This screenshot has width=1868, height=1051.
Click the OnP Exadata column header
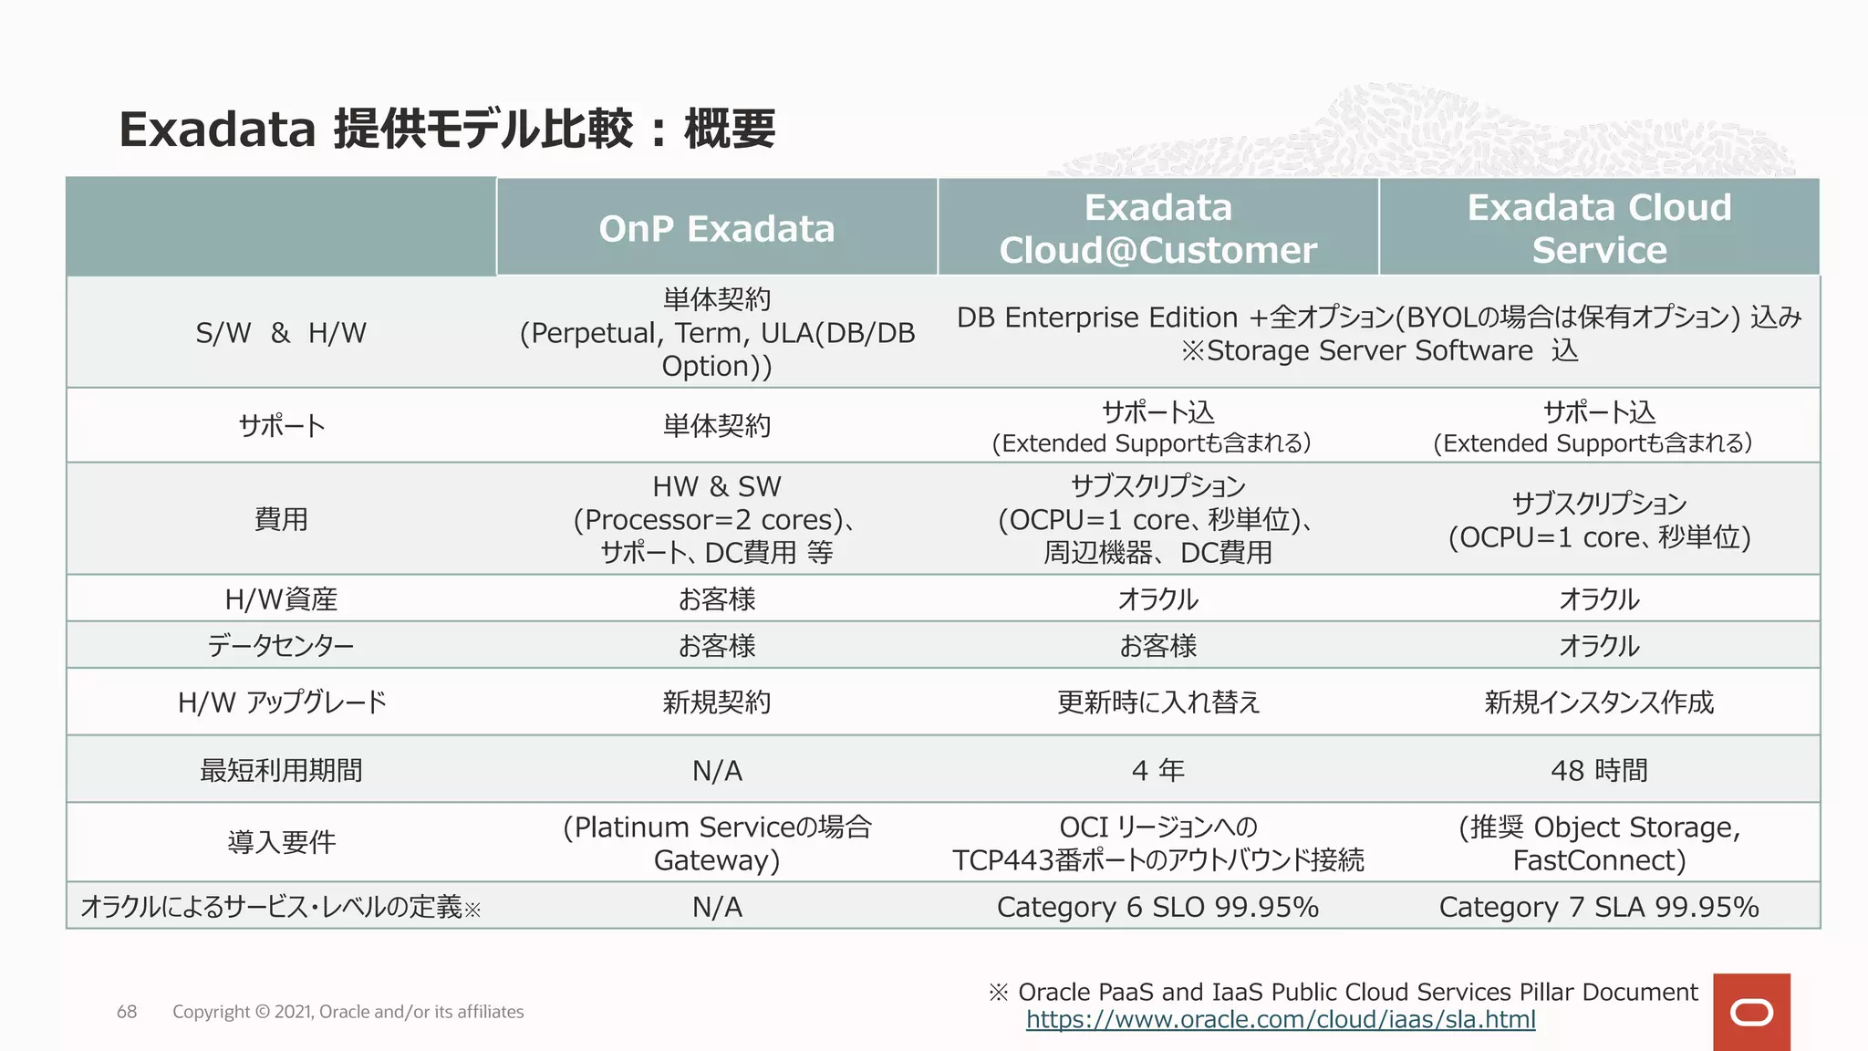pos(717,228)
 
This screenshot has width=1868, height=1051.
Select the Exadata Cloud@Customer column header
pos(1157,228)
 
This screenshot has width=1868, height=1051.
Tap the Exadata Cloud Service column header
pos(1599,228)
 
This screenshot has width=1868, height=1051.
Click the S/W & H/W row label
pos(281,333)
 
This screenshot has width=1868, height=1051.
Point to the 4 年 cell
pos(1157,770)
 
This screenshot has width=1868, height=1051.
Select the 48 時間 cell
pos(1599,770)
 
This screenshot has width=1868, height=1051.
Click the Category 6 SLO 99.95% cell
pos(1157,907)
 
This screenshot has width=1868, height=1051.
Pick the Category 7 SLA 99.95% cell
pos(1599,907)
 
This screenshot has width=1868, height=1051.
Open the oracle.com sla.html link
pos(1281,1019)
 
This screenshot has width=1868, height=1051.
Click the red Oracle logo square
pos(1751,1012)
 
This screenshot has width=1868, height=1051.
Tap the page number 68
pos(127,1012)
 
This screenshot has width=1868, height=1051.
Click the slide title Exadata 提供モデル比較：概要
pos(447,129)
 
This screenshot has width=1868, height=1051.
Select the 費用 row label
pos(281,519)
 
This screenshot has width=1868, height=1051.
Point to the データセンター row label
pos(281,646)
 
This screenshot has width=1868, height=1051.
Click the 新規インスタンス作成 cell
pos(1599,702)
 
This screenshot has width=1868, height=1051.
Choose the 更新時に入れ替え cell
pos(1157,702)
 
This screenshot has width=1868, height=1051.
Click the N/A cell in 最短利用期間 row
pos(717,771)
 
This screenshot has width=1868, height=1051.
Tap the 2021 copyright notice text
pos(348,1012)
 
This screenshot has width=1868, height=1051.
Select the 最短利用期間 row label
pos(281,771)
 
